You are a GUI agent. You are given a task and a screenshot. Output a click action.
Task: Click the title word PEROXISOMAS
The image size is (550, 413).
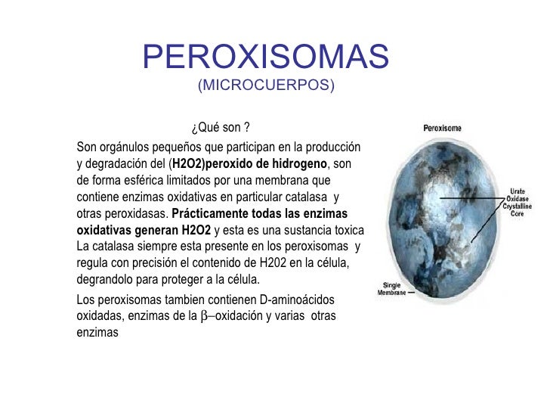point(265,55)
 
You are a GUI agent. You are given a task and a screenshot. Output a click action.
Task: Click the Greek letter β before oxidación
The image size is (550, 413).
point(202,316)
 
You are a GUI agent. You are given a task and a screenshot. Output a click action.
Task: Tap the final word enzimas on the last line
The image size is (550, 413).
point(97,331)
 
